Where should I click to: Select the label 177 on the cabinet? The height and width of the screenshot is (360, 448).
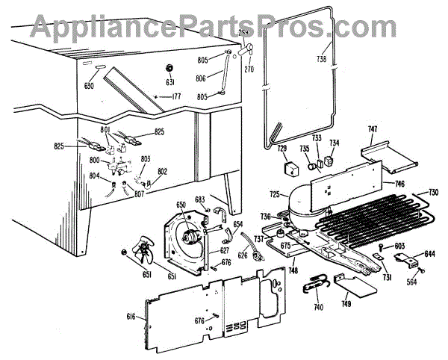177,96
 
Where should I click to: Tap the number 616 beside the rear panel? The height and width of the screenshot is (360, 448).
131,318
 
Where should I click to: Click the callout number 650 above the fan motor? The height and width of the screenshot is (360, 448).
180,205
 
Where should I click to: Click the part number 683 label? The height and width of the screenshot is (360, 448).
199,199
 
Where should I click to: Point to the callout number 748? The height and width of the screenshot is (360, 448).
295,270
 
